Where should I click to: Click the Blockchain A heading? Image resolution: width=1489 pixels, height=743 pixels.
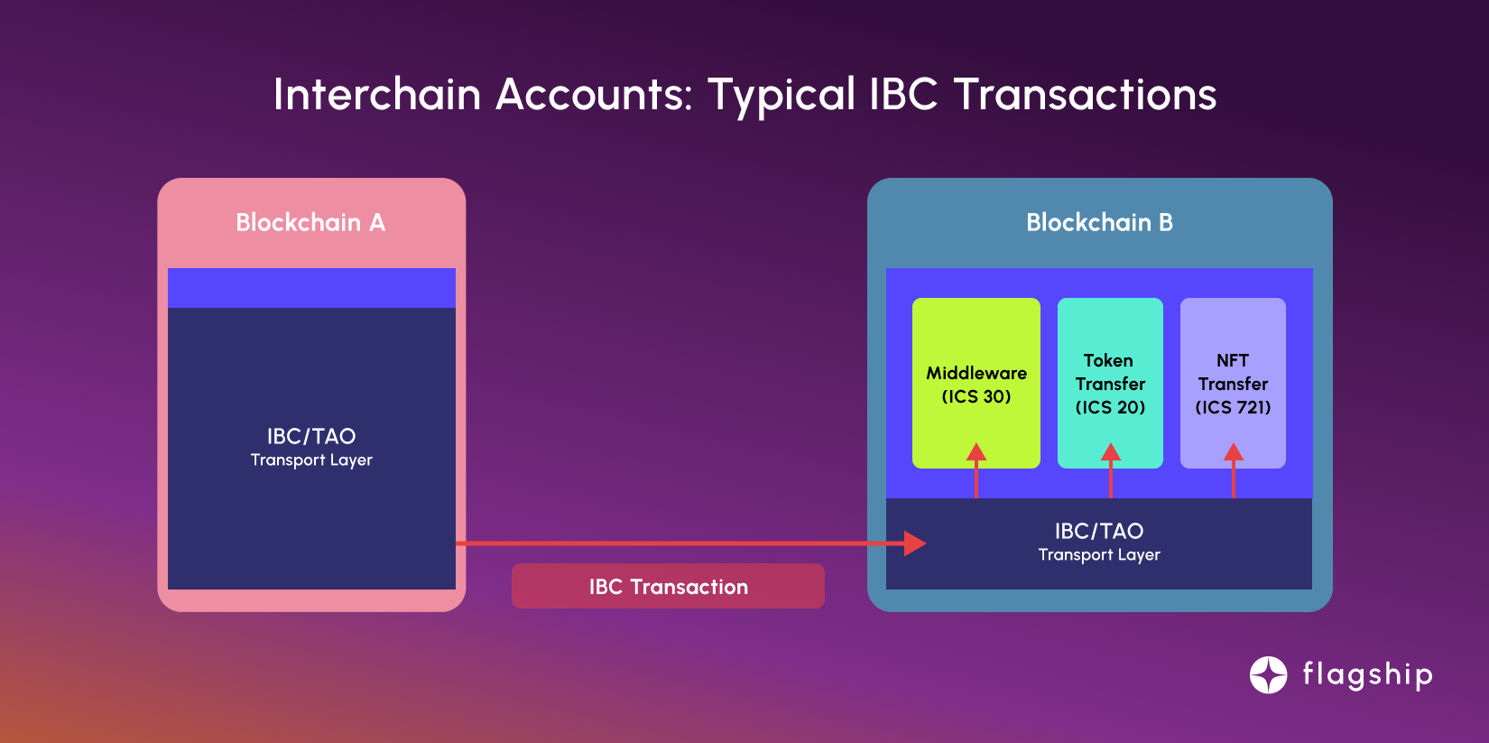point(310,222)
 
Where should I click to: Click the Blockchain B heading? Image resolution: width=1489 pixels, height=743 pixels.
point(1099,222)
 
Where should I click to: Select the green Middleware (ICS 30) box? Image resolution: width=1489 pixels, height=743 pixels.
point(976,383)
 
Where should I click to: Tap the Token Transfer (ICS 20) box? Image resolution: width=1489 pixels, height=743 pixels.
point(1110,383)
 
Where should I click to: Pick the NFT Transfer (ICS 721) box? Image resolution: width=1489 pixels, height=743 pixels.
point(1233,383)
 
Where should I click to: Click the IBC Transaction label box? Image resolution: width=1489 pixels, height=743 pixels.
point(668,586)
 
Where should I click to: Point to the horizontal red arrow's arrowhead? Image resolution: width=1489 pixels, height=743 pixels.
point(915,543)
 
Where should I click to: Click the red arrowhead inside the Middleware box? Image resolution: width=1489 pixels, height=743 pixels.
point(976,452)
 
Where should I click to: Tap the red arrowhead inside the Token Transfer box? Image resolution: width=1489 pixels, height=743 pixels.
point(1111,452)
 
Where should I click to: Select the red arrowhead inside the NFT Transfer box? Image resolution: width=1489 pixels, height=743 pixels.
point(1234,452)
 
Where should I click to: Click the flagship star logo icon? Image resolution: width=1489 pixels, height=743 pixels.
point(1268,674)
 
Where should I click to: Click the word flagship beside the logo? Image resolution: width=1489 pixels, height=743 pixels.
point(1367,675)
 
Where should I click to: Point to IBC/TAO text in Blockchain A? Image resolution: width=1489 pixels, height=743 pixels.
point(311,436)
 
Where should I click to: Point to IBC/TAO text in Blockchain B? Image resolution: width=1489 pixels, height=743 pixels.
point(1099,531)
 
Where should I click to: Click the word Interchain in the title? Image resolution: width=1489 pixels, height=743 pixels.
point(377,94)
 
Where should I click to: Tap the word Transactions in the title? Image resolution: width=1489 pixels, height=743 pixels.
point(1086,94)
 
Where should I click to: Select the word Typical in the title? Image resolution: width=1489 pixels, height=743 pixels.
point(781,98)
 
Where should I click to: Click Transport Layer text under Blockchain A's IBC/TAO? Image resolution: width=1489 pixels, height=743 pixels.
point(311,460)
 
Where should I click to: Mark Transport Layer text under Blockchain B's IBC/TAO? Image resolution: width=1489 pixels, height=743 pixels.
point(1099,554)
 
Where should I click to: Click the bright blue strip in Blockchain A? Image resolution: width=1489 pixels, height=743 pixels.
point(311,288)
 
